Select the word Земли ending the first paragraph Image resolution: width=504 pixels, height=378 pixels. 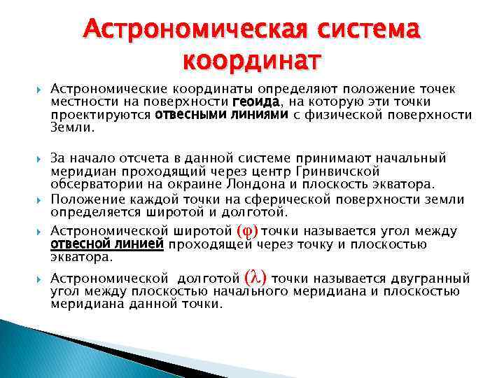pos(71,128)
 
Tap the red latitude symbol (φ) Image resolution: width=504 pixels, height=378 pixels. pos(248,230)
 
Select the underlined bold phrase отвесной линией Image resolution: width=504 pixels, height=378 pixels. pos(108,244)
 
